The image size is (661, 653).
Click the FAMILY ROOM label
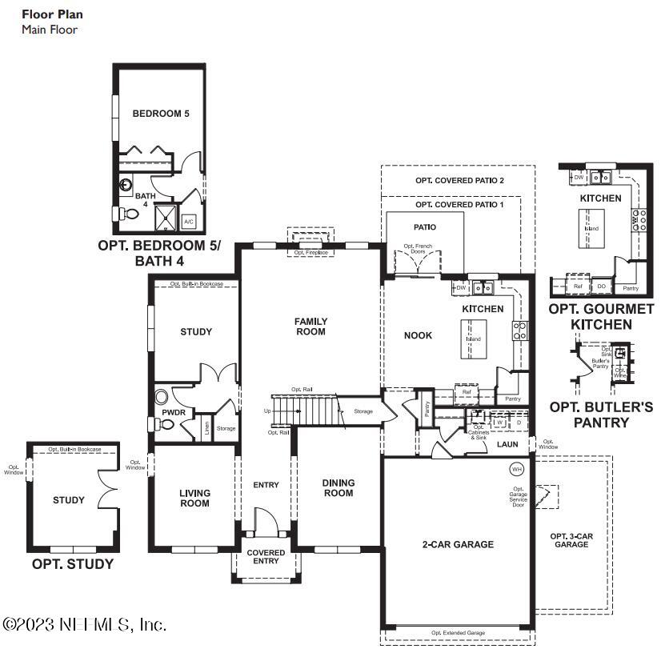[x=311, y=326]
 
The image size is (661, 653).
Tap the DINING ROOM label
[x=338, y=488]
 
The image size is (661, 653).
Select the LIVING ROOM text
[x=194, y=498]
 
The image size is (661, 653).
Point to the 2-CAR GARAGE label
[x=458, y=544]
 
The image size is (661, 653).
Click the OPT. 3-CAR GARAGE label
[x=571, y=539]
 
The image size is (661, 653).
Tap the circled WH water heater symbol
[x=516, y=468]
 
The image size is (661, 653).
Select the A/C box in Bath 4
[x=189, y=221]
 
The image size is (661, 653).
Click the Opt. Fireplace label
[x=310, y=253]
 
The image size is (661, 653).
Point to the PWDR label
[x=174, y=413]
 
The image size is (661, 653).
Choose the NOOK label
[x=418, y=335]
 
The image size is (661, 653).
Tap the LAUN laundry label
[x=507, y=443]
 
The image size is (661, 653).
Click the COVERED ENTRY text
[x=266, y=557]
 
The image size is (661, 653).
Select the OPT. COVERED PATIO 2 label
[x=459, y=181]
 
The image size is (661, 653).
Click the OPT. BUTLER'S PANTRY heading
[x=601, y=415]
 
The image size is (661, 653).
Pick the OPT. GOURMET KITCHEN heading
[x=601, y=317]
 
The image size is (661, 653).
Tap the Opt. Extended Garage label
[x=458, y=633]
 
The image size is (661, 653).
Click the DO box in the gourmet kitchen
[x=602, y=286]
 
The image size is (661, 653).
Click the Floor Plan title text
[x=52, y=14]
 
